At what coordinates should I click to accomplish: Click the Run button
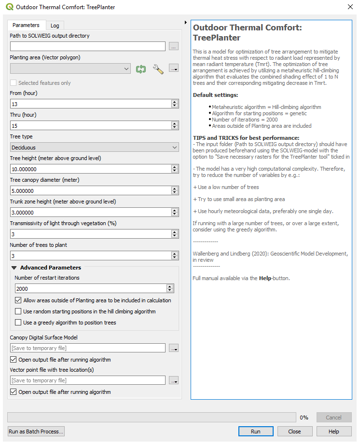[256, 432]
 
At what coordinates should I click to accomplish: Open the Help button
[333, 432]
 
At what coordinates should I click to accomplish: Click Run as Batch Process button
[36, 432]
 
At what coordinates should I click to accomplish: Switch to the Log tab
[55, 25]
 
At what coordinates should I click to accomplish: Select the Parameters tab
[26, 25]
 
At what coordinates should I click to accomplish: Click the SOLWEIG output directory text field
[88, 46]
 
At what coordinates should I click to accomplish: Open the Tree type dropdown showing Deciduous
[94, 148]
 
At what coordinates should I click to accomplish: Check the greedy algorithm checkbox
[18, 323]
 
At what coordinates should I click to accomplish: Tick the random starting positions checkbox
[18, 311]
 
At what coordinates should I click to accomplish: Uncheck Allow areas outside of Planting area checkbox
[18, 300]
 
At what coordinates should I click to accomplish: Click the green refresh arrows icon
[141, 69]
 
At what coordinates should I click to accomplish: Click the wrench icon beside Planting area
[158, 69]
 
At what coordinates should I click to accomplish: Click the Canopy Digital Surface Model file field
[88, 348]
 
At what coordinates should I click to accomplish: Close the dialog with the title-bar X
[350, 7]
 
